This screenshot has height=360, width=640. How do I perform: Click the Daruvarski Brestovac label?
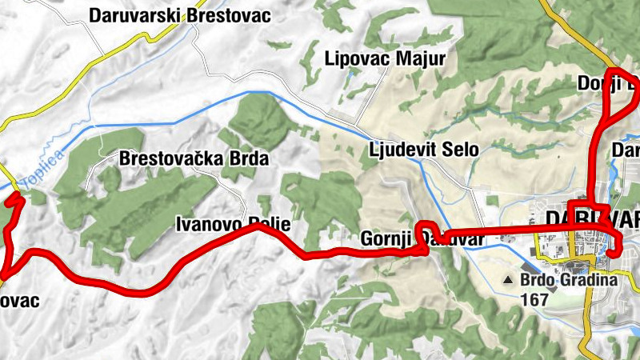point(180,15)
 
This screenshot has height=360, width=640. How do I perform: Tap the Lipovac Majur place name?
point(385,58)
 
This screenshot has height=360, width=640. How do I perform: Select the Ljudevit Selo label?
point(424,150)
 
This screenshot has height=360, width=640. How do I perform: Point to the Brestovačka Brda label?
point(194,158)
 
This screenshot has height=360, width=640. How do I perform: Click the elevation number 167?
point(534,300)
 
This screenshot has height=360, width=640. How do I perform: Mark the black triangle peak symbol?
point(510,281)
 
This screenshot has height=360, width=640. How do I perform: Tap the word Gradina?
point(590,281)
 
